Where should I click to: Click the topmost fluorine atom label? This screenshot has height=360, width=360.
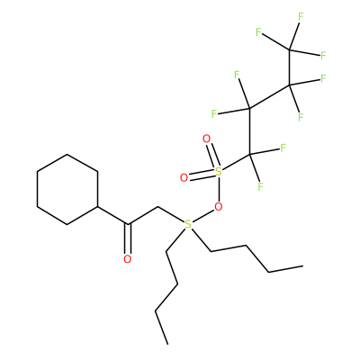tap(301, 17)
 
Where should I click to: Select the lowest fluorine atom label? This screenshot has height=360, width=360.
tap(260, 187)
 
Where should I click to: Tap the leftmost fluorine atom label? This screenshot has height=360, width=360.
tap(214, 113)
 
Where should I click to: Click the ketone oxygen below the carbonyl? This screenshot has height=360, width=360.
tap(128, 259)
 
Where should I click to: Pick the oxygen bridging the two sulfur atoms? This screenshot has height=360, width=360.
tap(219, 206)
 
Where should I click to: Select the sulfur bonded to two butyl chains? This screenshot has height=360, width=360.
tap(188, 224)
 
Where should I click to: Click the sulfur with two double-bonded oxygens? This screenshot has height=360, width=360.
tap(219, 172)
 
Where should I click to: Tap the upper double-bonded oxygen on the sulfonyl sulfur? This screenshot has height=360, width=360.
tap(207, 139)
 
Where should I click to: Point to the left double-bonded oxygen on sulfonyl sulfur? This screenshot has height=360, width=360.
tap(184, 178)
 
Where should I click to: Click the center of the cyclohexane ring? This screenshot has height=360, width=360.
tap(67, 189)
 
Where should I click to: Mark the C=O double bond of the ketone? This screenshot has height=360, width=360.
tap(128, 239)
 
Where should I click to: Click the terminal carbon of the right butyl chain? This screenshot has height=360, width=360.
tap(302, 266)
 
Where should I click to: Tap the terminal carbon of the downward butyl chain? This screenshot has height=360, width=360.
tap(167, 343)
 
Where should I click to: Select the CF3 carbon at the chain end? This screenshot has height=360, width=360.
tap(290, 49)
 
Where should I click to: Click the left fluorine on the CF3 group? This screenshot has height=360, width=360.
tap(258, 31)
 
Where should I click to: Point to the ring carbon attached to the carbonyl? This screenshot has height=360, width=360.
tap(97, 207)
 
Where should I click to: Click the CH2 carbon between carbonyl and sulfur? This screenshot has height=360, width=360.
tap(157, 207)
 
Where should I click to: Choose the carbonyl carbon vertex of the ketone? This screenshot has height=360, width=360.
tap(128, 224)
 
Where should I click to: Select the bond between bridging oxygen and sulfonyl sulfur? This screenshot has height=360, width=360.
tap(219, 189)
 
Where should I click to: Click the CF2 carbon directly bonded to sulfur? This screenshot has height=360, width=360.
tap(249, 155)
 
